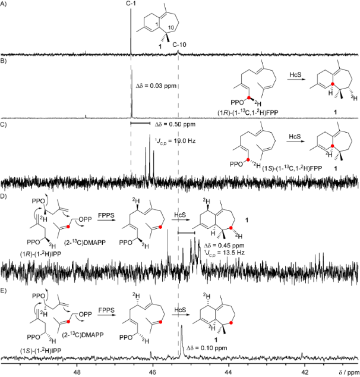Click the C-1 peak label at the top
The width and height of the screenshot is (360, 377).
coord(131,4)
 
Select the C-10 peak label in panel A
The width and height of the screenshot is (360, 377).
coord(179,45)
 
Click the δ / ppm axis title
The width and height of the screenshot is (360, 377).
coord(349,372)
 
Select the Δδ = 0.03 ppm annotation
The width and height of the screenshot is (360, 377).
coord(156,86)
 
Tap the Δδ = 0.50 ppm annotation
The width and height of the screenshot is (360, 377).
coord(175,124)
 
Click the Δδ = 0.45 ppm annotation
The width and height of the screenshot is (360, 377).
coord(224,246)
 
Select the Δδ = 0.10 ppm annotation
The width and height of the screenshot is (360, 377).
coord(207,348)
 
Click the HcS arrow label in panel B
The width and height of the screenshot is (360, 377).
coord(295,74)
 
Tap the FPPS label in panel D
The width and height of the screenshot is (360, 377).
coord(106,215)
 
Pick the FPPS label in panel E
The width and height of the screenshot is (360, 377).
coord(106,310)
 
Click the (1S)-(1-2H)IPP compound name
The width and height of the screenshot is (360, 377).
coord(40,351)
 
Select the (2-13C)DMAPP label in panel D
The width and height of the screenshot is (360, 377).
coord(84,243)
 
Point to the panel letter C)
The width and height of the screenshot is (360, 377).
coord(4,125)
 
